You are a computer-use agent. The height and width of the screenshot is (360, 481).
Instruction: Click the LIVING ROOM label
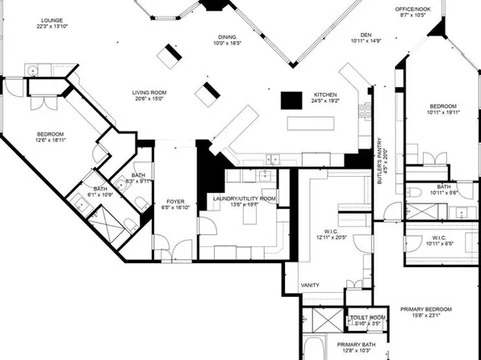pyautogui.click(x=149, y=93)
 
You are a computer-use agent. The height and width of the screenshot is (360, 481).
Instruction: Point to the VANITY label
pyautogui.click(x=310, y=286)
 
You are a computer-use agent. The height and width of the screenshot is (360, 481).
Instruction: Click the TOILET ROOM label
pyautogui.click(x=367, y=318)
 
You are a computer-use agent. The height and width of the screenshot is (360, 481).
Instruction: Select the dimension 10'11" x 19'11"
pyautogui.click(x=443, y=114)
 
